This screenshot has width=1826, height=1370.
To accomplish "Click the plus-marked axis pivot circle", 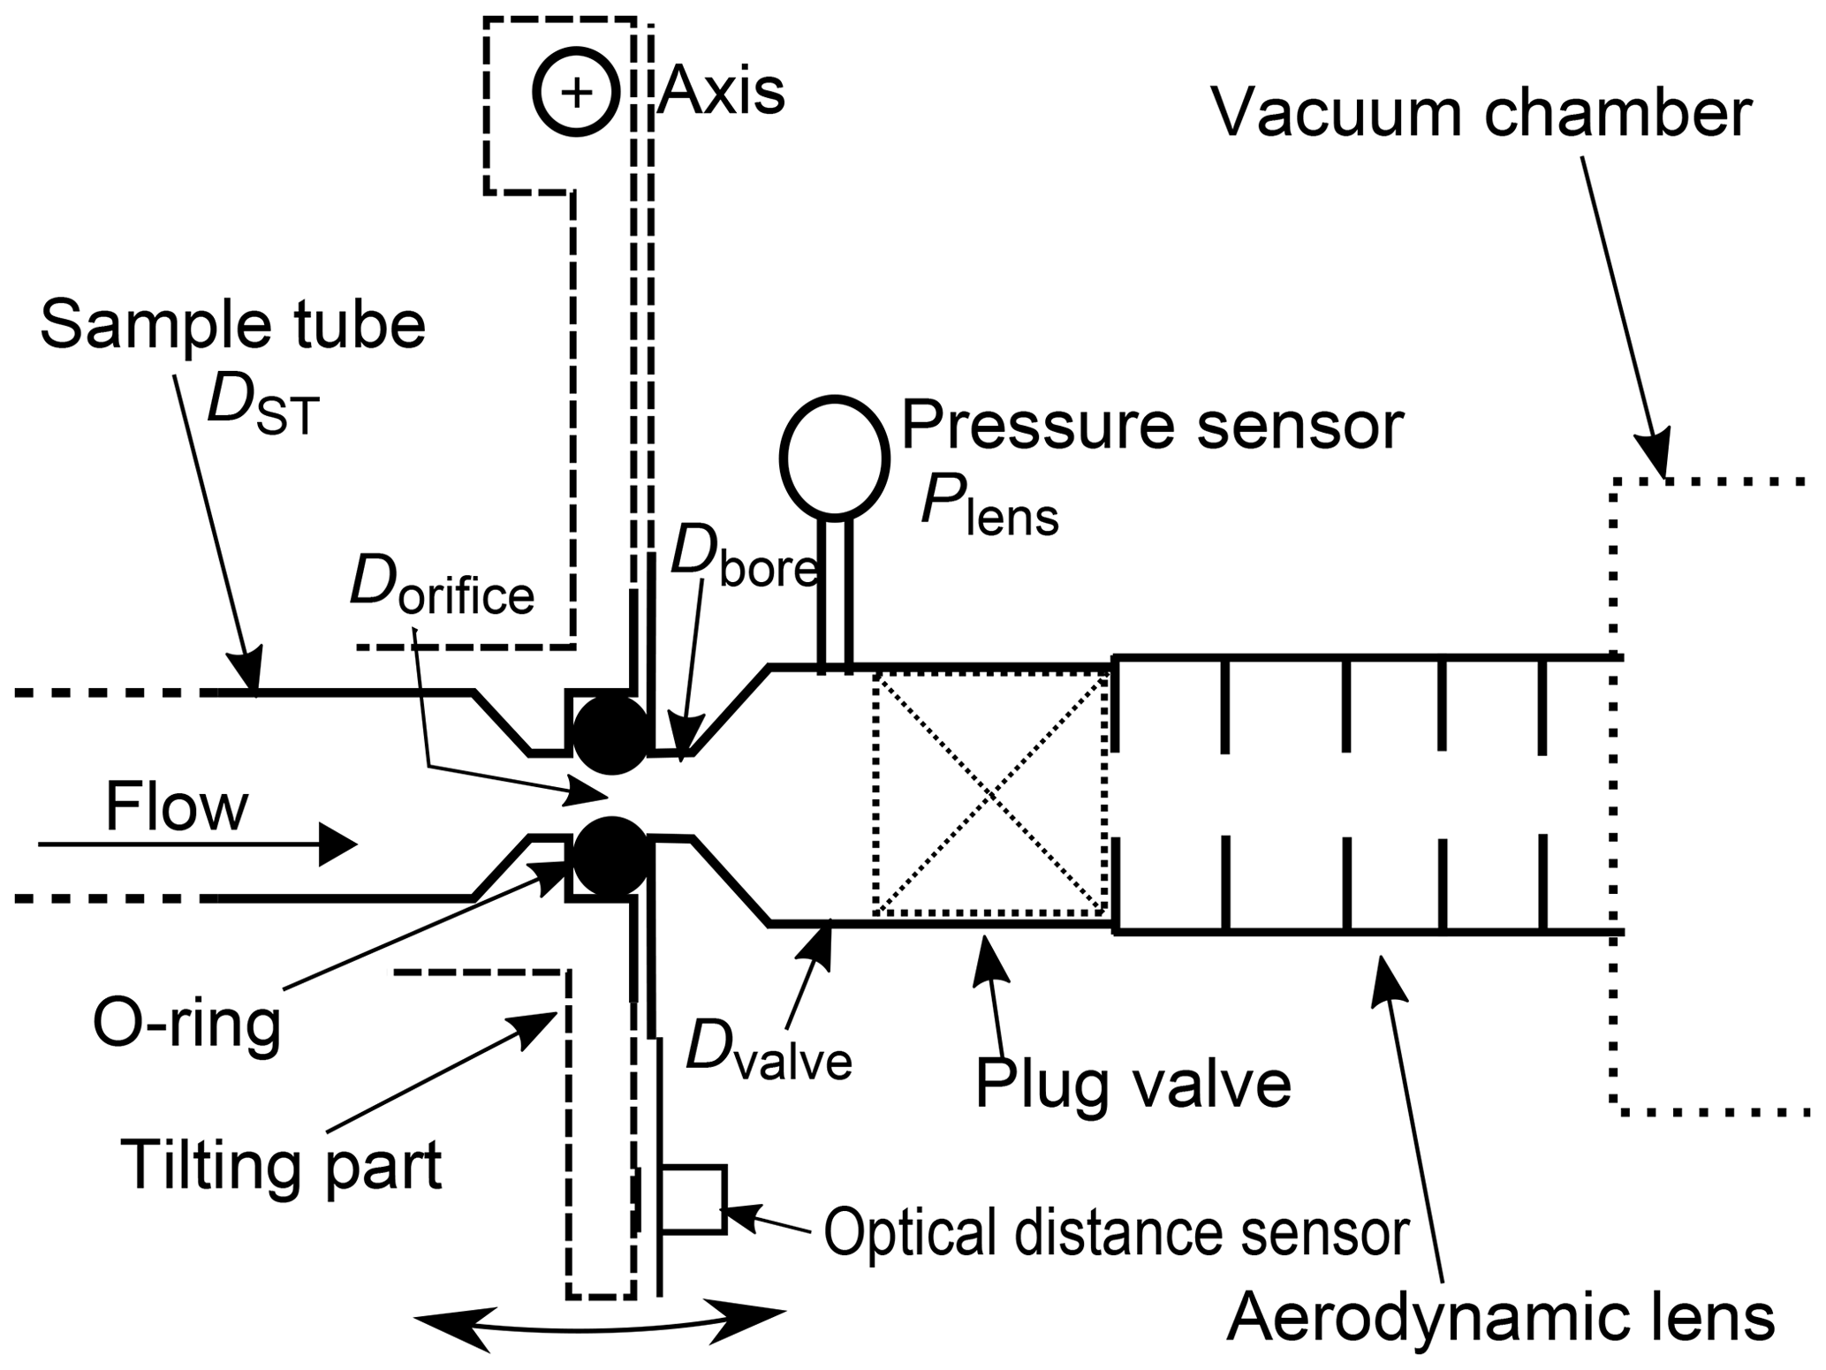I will click(x=576, y=92).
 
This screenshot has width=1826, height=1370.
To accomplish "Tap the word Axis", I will click(x=722, y=91).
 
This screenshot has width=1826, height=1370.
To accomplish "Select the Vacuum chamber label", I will click(x=1481, y=114).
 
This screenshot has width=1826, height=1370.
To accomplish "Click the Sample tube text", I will click(x=233, y=325).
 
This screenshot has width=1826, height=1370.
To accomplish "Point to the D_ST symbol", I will click(x=262, y=409).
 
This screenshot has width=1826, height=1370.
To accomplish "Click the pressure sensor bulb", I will click(x=834, y=457).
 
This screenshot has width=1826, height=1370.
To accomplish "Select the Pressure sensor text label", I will click(x=1153, y=427).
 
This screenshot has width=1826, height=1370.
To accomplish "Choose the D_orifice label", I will click(x=442, y=587).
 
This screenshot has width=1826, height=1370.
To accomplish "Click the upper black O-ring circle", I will click(x=611, y=735).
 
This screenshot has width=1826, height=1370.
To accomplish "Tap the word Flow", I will click(x=177, y=807).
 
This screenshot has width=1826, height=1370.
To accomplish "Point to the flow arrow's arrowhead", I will click(x=337, y=845).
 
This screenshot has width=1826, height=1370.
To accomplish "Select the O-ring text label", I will click(x=187, y=1026).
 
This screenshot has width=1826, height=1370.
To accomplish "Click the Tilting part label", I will click(x=281, y=1165).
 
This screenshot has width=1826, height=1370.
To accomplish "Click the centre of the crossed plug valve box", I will click(x=990, y=792).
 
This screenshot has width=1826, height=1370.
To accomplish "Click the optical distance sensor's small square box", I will click(x=693, y=1200).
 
